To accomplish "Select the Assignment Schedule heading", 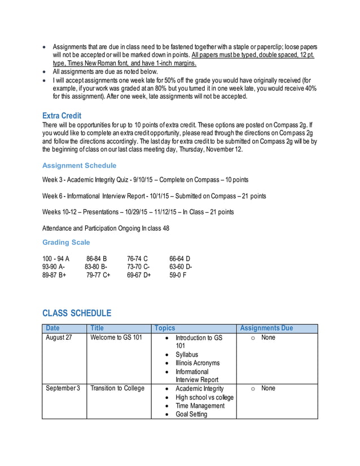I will coord(80,165).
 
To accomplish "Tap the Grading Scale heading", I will coord(66,242).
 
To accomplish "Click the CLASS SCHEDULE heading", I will coord(77,313).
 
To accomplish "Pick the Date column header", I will coord(52,328).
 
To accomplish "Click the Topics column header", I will coord(165,328).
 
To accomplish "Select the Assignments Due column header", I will coord(266,328).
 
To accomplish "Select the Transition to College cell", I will coord(117,388).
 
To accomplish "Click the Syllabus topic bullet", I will coord(187,354).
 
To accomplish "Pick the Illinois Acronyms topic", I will coord(197,363).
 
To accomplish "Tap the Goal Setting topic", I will coord(191,414).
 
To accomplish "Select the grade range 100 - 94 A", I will coord(56,258).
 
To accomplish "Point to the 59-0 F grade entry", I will coord(178,275).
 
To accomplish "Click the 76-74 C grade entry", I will coord(137,258).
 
